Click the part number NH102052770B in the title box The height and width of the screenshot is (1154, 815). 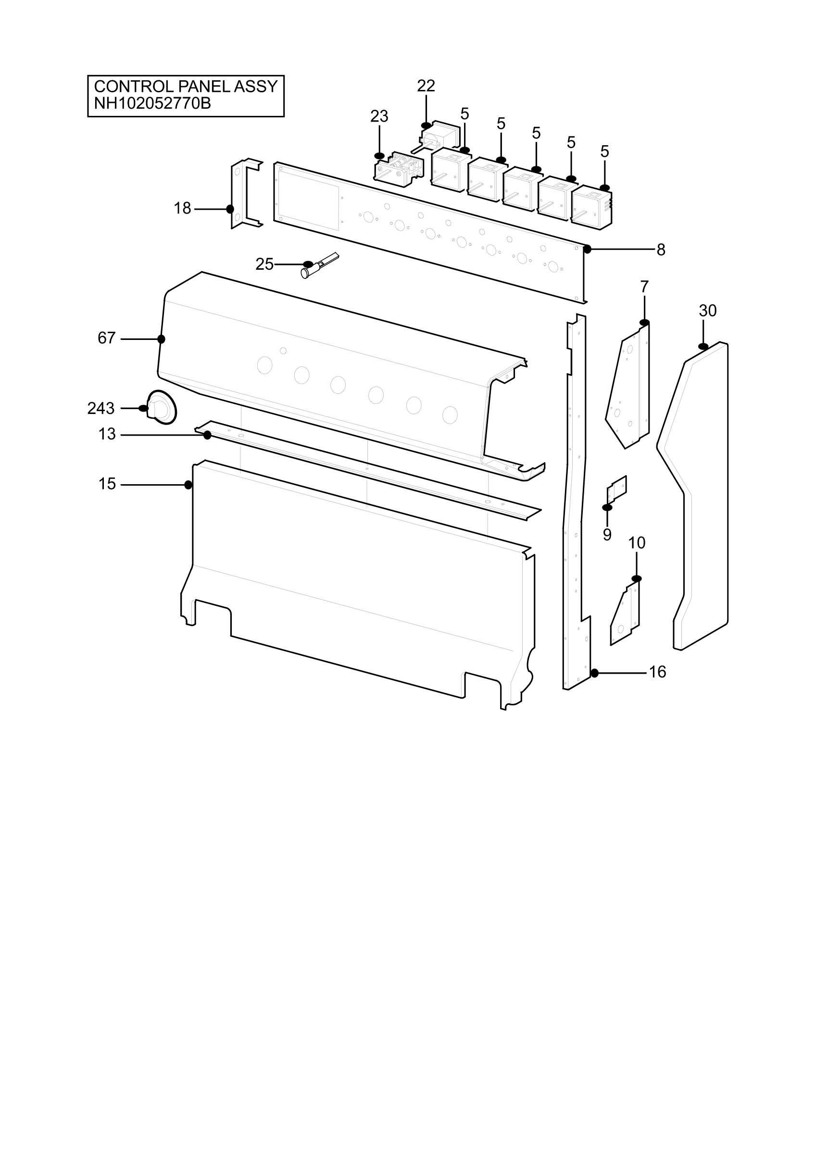[x=152, y=103]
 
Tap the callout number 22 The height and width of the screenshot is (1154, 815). [x=426, y=86]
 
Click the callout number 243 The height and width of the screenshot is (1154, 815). [x=101, y=409]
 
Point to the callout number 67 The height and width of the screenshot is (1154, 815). [x=107, y=338]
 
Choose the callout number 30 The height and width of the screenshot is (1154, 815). [x=707, y=311]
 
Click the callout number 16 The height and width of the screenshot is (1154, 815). [x=657, y=672]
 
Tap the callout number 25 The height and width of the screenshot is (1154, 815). [x=265, y=264]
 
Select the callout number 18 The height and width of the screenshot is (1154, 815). [x=182, y=208]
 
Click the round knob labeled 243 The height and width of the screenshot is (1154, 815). [x=162, y=407]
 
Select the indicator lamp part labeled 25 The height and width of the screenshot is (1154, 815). [x=320, y=265]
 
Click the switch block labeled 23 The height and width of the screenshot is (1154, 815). [x=399, y=168]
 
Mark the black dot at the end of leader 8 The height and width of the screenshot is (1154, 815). [x=587, y=249]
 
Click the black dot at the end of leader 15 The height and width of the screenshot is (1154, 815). [x=188, y=485]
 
